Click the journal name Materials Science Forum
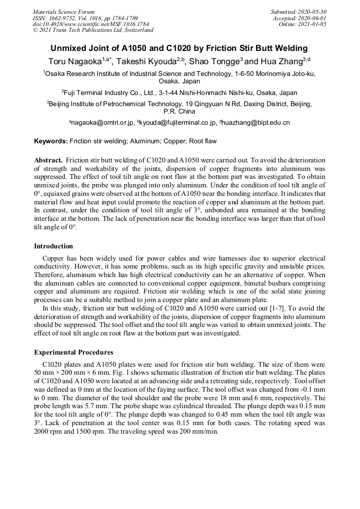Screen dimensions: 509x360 [x=64, y=11]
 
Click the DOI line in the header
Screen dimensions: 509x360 [x=91, y=24]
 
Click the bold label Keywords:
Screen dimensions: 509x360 [x=51, y=142]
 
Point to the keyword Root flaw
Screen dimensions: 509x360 [x=201, y=142]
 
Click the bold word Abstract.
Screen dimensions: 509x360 [x=49, y=160]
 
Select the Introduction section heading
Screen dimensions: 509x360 [x=54, y=246]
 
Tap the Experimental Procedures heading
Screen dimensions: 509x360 [x=73, y=352]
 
